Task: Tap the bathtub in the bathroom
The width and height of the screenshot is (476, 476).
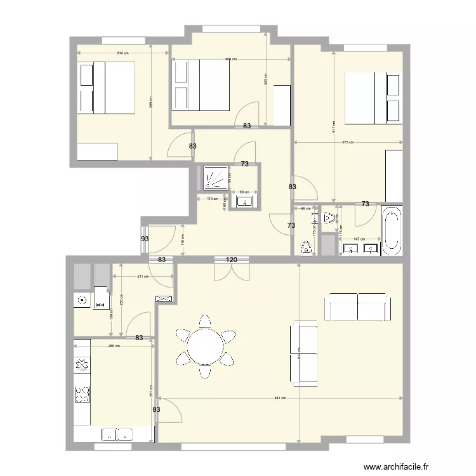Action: point(391,230)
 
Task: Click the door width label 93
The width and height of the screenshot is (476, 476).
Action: point(145,239)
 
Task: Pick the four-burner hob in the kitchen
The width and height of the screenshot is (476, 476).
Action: point(82,395)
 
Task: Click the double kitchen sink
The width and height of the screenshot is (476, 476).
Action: point(117,434)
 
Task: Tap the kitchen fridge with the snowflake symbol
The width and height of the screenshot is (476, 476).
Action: point(82,364)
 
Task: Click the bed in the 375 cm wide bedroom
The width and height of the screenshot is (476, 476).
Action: point(373,98)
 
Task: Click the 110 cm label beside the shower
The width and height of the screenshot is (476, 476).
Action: point(213,199)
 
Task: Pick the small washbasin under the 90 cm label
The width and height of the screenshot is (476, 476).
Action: point(244,202)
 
